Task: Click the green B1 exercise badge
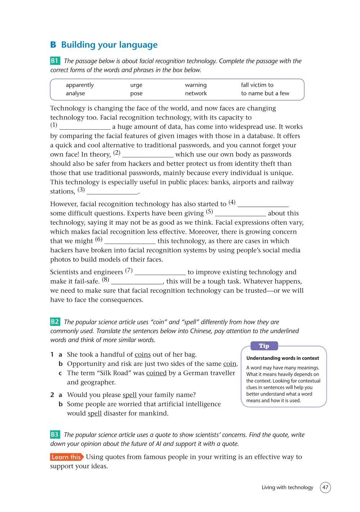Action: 55,61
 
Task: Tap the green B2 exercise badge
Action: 55,322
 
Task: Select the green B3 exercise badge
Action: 55,435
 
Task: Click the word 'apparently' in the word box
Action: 80,85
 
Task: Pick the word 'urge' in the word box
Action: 136,85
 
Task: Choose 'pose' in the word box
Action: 136,93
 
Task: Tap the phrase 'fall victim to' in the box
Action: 257,85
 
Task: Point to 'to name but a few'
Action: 265,93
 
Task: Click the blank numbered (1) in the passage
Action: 85,127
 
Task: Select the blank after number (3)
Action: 112,192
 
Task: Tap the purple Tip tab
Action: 264,346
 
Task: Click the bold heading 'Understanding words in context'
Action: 283,358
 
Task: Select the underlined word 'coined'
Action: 156,373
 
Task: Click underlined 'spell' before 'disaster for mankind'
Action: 95,413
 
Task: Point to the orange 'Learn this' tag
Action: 67,457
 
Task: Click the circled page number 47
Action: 325,488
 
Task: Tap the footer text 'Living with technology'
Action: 287,488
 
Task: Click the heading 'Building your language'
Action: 109,45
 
